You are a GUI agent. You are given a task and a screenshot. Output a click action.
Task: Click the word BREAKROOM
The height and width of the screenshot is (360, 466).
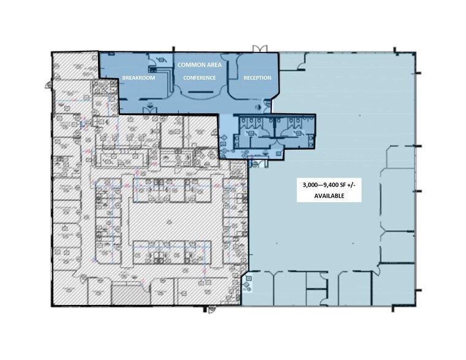click(138, 78)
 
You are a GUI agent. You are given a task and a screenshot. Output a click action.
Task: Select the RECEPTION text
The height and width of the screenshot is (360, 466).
click(257, 78)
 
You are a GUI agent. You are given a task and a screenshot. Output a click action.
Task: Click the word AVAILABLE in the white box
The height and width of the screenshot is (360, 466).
click(330, 197)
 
